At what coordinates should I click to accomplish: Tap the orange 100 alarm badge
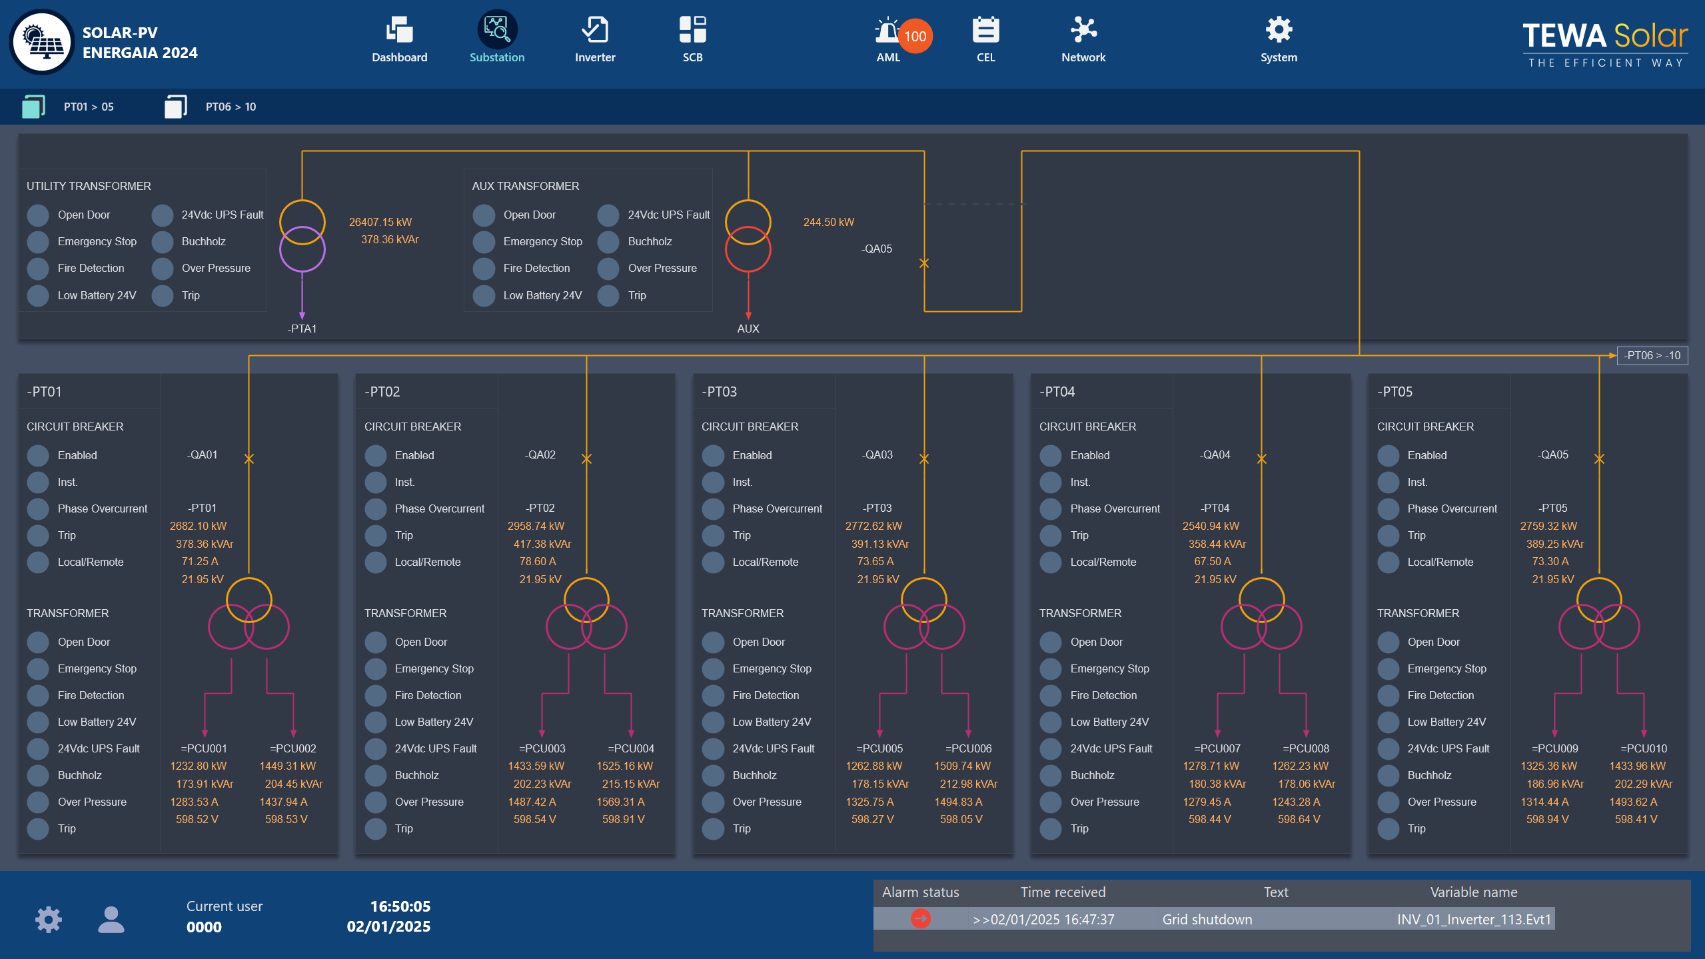click(915, 37)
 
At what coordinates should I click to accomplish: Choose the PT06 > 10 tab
click(230, 107)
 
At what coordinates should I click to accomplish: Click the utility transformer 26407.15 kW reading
click(380, 222)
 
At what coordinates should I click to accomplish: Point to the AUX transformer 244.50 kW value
click(828, 222)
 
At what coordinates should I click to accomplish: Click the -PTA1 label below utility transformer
click(302, 329)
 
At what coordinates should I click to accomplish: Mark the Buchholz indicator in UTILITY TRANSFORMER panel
click(163, 241)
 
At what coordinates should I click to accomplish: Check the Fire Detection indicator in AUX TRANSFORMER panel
click(484, 268)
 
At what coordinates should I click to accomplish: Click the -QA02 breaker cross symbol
click(586, 459)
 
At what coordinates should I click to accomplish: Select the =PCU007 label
click(1217, 748)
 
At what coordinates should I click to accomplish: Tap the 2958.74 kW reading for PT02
click(535, 526)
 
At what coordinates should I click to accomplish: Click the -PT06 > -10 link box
click(1652, 355)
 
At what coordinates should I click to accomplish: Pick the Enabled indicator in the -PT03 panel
click(713, 455)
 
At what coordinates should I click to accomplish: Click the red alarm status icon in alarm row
click(920, 919)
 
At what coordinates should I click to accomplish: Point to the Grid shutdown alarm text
click(1207, 919)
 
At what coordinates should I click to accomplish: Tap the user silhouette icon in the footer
click(111, 919)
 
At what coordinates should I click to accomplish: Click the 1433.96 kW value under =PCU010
click(1636, 766)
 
